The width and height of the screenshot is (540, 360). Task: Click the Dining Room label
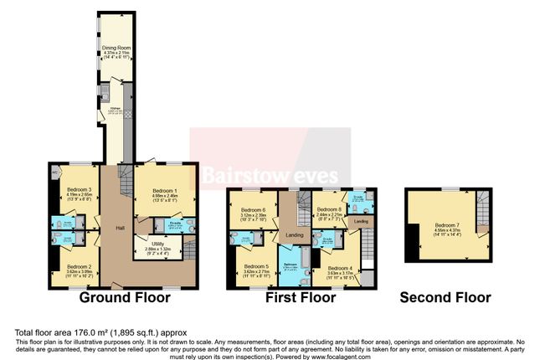(116, 48)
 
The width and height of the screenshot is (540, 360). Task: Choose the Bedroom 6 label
(253, 209)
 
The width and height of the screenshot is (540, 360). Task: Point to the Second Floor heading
(445, 296)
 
